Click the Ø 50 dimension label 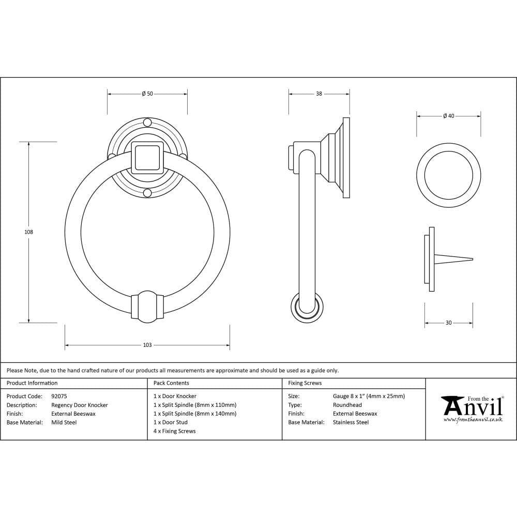tap(147, 94)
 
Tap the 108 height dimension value tap(28, 232)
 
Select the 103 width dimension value tap(147, 345)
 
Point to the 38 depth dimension tap(319, 94)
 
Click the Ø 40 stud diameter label tap(448, 116)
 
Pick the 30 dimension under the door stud tap(448, 323)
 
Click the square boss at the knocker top tap(147, 157)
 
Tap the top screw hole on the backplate tap(147, 123)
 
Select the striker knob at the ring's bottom tap(147, 306)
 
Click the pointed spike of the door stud tap(455, 259)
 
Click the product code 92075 tap(59, 397)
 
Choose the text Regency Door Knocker tap(80, 405)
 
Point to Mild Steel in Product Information tap(64, 422)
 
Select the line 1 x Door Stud tap(171, 422)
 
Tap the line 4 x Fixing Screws tap(175, 431)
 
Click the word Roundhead tap(347, 405)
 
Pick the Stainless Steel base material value tap(351, 422)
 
